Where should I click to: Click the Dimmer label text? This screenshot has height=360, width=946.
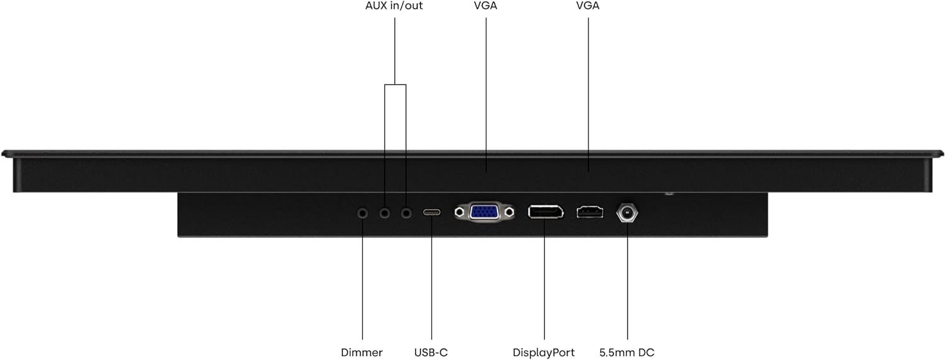361,352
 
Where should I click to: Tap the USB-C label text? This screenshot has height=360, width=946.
431,352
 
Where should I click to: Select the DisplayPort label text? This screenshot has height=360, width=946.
544,352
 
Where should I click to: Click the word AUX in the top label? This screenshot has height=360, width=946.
377,6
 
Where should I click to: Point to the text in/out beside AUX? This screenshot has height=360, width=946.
406,6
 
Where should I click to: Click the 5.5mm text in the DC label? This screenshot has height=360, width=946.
615,352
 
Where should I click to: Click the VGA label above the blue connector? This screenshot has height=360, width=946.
485,6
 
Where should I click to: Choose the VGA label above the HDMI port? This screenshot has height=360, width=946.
587,6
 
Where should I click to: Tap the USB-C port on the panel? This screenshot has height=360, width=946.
431,212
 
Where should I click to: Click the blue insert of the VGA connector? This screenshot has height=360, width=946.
484,212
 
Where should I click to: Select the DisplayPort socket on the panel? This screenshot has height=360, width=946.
546,212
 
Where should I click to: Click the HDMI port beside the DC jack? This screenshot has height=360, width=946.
590,212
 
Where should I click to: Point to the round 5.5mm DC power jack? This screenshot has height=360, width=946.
627,212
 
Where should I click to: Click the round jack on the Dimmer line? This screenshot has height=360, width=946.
363,213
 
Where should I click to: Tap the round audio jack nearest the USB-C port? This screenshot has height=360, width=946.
406,213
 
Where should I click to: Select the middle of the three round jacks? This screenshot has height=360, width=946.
384,213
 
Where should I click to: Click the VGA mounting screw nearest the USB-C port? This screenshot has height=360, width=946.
460,212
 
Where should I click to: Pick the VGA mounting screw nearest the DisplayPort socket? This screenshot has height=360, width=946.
510,212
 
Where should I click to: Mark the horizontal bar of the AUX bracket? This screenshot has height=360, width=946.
395,85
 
